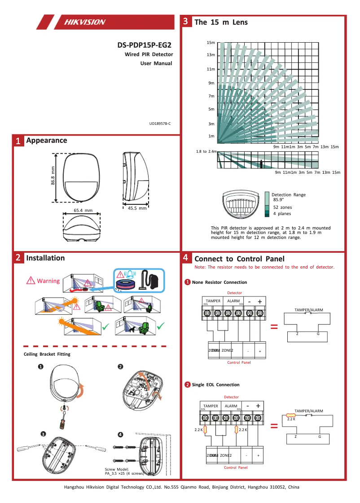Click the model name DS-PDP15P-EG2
point(144,45)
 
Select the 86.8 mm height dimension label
point(53,178)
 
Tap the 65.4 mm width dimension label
point(83,210)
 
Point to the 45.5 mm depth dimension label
point(137,208)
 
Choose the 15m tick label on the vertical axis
point(211,43)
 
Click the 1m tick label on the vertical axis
point(211,136)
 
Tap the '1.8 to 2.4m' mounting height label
point(206,151)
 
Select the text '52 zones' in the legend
point(282,207)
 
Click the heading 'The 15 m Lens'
point(221,22)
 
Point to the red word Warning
point(48,281)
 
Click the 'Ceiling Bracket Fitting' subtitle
point(47,354)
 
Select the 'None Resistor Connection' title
point(219,282)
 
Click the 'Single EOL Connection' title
point(215,385)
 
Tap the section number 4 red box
point(186,258)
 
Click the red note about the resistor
point(264,267)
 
